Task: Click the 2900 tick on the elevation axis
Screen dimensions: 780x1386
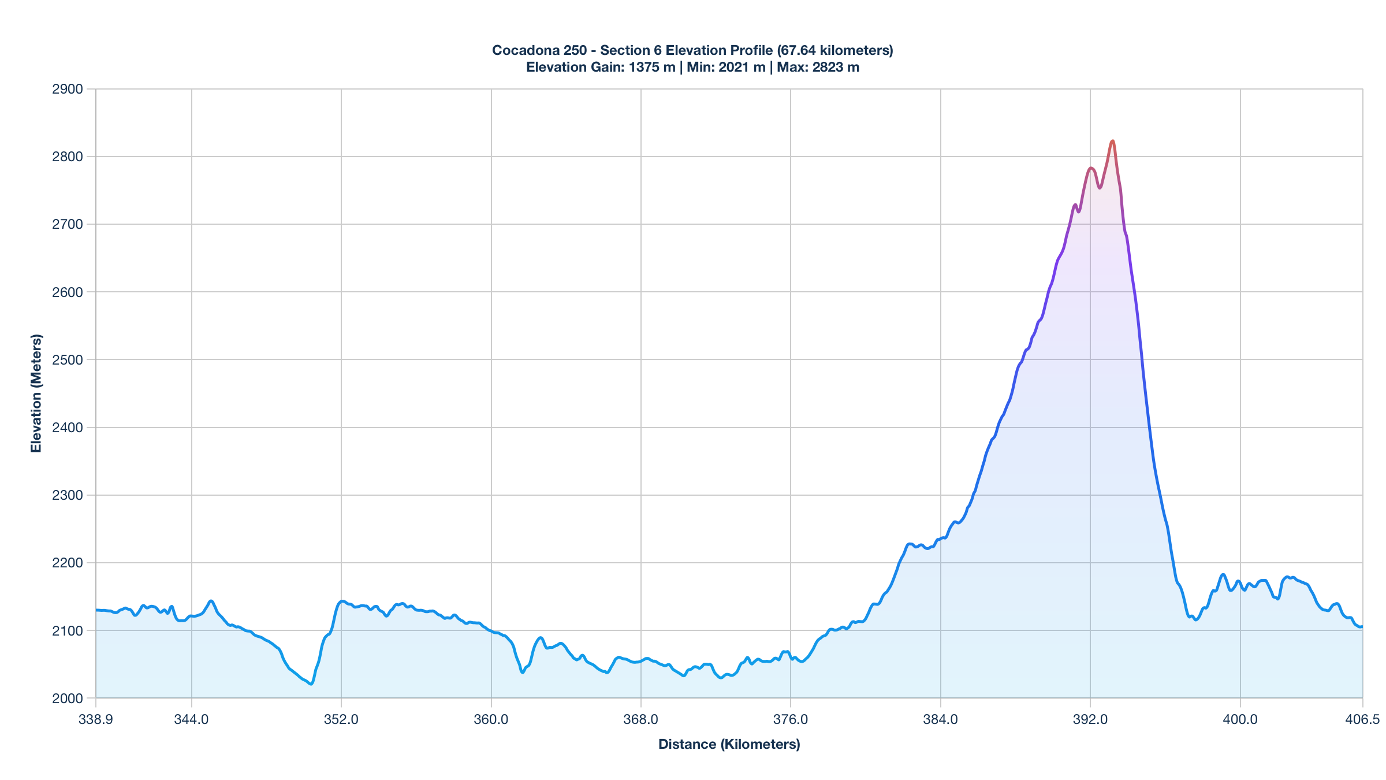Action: click(x=68, y=89)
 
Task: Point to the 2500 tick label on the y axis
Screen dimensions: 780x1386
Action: click(x=68, y=359)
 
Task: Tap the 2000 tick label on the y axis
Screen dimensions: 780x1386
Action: click(x=68, y=698)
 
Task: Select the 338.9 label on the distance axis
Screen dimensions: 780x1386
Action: click(x=96, y=719)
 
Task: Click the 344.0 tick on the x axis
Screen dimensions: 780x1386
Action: click(x=191, y=719)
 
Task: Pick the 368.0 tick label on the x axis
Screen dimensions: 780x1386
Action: click(x=640, y=719)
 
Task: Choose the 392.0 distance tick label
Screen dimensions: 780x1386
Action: click(x=1090, y=719)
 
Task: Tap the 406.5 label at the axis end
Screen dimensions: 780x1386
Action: click(x=1362, y=719)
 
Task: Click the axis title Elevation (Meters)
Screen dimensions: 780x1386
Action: click(x=36, y=393)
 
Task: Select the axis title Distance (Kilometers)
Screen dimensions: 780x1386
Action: click(x=729, y=744)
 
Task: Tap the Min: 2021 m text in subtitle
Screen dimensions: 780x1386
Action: click(x=726, y=67)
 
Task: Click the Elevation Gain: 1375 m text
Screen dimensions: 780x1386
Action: click(x=601, y=67)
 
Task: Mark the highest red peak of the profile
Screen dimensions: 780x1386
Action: click(x=1112, y=141)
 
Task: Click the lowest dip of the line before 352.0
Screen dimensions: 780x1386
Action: click(x=311, y=684)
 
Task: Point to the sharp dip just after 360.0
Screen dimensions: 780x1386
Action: click(x=523, y=672)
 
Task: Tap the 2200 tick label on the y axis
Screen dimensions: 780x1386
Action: click(x=68, y=563)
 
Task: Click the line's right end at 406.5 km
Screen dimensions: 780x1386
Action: click(x=1362, y=627)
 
